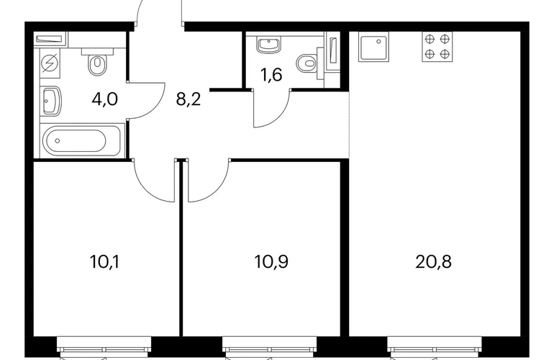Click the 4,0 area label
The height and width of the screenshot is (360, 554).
(104, 99)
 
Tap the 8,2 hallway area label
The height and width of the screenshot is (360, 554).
(189, 99)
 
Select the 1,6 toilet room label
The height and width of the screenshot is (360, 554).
(271, 75)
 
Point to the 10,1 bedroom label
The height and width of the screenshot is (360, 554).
(104, 262)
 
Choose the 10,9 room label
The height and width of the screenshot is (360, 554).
(271, 262)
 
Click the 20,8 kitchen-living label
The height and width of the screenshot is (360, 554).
(433, 262)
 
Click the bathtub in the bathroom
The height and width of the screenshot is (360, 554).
(81, 140)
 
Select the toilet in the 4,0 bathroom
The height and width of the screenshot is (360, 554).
(98, 61)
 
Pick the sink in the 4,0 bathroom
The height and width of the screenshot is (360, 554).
(50, 101)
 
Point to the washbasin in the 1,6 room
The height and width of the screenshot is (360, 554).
(269, 45)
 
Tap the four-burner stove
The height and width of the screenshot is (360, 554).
(437, 46)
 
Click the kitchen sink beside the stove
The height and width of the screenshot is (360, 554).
(373, 46)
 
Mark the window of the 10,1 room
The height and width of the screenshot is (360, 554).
(104, 347)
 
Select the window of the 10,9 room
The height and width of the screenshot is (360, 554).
(270, 347)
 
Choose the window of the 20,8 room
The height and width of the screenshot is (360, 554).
(435, 347)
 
